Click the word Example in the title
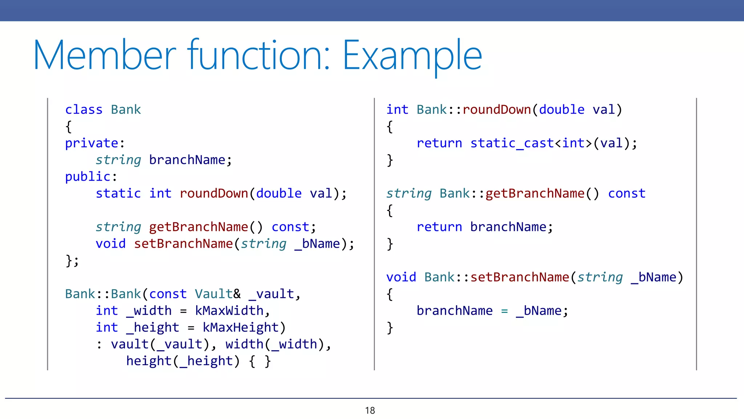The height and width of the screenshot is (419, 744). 412,56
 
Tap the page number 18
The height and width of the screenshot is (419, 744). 370,411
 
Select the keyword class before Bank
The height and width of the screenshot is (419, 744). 84,109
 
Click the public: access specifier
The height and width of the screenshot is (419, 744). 91,177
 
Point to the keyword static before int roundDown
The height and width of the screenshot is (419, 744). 118,193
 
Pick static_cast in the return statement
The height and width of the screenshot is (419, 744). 512,143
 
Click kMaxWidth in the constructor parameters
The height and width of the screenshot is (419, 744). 229,311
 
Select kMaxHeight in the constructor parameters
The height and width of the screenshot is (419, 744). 240,328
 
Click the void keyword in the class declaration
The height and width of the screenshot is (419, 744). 110,244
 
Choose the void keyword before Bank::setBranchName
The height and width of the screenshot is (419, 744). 401,278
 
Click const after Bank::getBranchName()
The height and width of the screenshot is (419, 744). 627,193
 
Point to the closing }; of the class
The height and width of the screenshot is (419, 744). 72,261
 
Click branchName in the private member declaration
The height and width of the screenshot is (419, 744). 187,160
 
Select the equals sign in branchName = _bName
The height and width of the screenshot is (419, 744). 504,311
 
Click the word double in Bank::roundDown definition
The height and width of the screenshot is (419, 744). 562,109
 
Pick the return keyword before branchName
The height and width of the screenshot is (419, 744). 439,227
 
